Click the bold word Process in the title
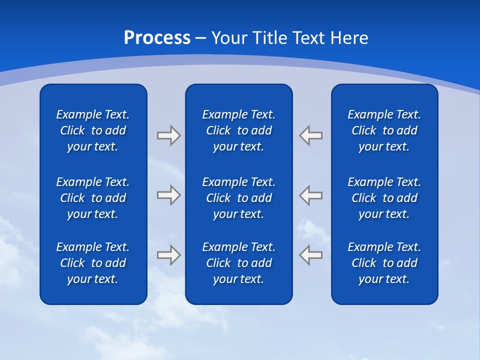(x=157, y=38)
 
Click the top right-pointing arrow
(x=168, y=135)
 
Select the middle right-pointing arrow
(x=168, y=195)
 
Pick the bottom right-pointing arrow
(x=168, y=255)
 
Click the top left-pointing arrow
(x=311, y=135)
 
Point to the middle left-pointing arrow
(x=311, y=195)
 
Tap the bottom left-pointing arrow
(x=311, y=255)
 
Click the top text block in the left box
(x=93, y=130)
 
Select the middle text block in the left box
(x=93, y=198)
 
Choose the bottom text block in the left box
(x=93, y=263)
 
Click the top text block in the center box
(x=238, y=130)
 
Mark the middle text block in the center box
(x=238, y=198)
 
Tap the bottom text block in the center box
(x=238, y=263)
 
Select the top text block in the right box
(x=384, y=130)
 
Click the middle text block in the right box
(x=384, y=198)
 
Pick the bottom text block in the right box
(x=384, y=263)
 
